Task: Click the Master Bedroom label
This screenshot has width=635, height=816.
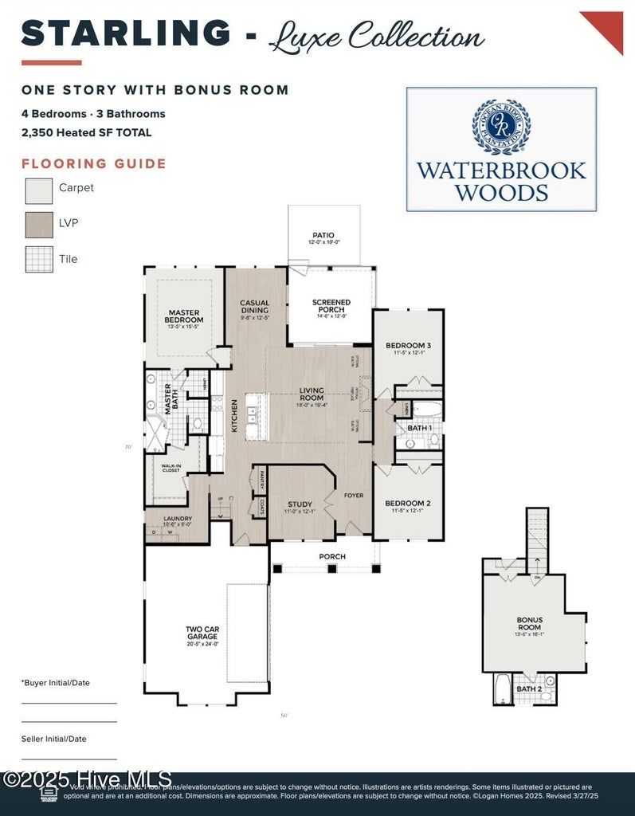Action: click(x=183, y=316)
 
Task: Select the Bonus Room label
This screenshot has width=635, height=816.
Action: click(x=529, y=624)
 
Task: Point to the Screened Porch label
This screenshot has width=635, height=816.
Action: click(x=331, y=306)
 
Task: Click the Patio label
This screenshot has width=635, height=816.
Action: click(x=323, y=236)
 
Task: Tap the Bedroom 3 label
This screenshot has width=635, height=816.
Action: click(x=408, y=346)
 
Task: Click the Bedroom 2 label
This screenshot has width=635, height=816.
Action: click(x=408, y=504)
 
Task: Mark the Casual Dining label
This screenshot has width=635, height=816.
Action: click(x=254, y=307)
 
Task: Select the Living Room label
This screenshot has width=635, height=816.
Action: click(x=311, y=394)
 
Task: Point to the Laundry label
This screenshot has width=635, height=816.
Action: click(x=167, y=519)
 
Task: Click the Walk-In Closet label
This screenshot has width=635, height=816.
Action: click(x=171, y=469)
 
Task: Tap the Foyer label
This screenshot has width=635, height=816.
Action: click(x=354, y=496)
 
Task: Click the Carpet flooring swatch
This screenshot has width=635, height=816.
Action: click(x=39, y=191)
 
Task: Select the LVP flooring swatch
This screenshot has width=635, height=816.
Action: click(x=39, y=225)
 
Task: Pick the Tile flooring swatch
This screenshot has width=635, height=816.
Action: click(x=39, y=259)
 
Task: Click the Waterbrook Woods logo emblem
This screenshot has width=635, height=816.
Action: click(x=501, y=127)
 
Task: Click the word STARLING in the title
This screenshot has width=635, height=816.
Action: click(x=126, y=33)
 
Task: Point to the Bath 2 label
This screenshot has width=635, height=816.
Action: click(x=528, y=688)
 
